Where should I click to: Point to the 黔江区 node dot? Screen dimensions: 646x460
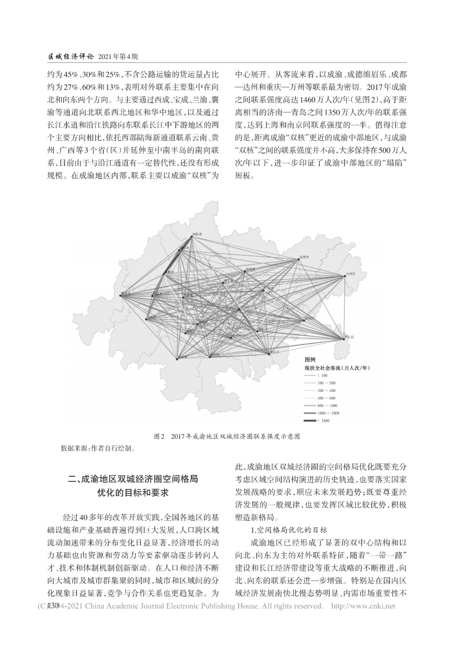point(344,339)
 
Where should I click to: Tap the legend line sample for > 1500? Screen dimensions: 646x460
point(309,421)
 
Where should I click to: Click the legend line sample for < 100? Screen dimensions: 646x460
point(309,375)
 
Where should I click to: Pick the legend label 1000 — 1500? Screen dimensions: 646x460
point(328,413)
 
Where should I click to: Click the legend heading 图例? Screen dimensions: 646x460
point(310,360)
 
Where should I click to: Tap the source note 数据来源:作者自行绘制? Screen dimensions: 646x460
point(98,448)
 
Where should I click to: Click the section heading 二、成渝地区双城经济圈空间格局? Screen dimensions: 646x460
point(133,479)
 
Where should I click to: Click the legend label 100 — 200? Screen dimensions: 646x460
point(326,383)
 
